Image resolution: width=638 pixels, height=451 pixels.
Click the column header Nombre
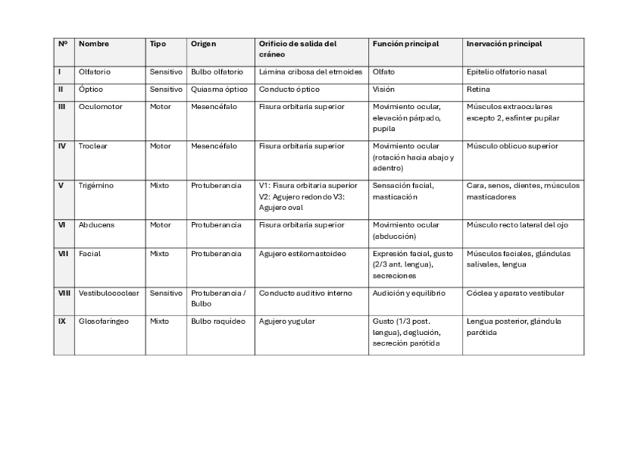[94, 44]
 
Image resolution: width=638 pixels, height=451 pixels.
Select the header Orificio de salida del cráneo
[297, 49]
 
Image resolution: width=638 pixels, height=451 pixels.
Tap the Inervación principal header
[504, 44]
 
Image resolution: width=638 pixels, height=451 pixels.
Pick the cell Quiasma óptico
[219, 90]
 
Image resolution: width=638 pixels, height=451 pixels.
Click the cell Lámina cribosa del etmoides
[311, 72]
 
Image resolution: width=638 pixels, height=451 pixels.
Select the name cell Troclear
[93, 146]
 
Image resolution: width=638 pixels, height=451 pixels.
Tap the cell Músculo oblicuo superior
[512, 146]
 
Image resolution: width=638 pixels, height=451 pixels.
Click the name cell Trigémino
[96, 185]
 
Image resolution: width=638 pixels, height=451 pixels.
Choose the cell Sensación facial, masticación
[403, 190]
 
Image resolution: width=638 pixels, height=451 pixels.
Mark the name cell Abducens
[96, 224]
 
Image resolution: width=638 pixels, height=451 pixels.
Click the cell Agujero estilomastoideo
[302, 254]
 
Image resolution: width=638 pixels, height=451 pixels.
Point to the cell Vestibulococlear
[109, 293]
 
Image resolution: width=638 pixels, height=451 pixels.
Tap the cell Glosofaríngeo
[104, 321]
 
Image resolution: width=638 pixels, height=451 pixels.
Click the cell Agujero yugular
[287, 321]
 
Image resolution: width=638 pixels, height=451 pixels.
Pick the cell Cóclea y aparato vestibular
[515, 293]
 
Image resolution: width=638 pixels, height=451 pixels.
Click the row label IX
[62, 321]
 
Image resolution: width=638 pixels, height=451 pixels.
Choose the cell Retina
[478, 90]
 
